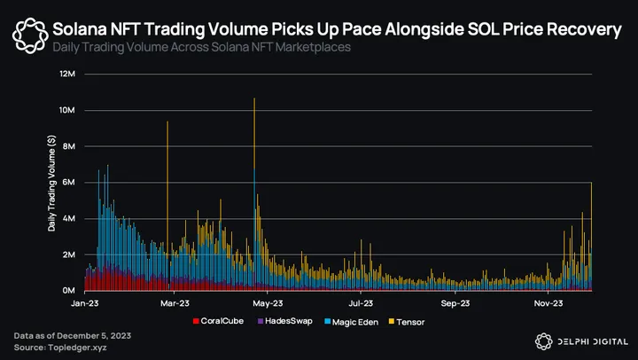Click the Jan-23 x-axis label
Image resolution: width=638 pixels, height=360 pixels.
[x=84, y=304]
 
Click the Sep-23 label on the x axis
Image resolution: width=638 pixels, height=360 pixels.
[x=455, y=304]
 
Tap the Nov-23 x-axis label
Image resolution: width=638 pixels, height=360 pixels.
[x=549, y=304]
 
